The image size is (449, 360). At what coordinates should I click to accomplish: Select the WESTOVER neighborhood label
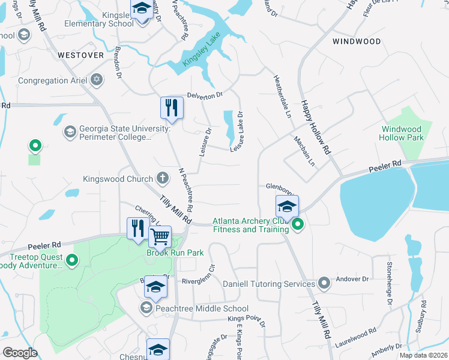(81, 55)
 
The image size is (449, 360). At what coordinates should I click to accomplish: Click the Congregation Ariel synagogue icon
(97, 80)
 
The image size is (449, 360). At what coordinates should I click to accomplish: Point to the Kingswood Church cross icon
(162, 178)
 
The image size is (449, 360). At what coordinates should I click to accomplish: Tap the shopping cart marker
(160, 236)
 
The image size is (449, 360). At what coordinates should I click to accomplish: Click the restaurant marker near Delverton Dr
(172, 107)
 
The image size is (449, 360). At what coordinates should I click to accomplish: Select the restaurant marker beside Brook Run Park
(138, 228)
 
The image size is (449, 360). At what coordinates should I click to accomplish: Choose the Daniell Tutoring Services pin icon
(324, 283)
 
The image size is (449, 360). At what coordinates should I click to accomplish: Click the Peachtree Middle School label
(193, 309)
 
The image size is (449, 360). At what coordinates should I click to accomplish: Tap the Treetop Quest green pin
(72, 260)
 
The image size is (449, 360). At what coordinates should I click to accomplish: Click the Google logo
(20, 353)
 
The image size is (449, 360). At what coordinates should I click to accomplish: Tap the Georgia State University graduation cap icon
(70, 131)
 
